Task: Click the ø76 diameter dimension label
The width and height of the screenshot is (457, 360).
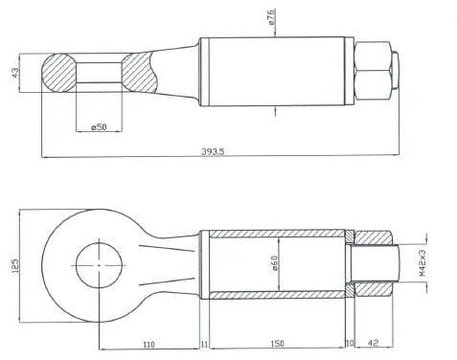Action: click(x=270, y=17)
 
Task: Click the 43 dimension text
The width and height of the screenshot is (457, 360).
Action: click(x=15, y=73)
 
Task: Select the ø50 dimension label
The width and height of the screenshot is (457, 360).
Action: click(x=99, y=127)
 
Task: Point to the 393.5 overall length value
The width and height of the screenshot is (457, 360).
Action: click(x=213, y=151)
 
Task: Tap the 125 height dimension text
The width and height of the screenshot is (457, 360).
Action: click(x=15, y=265)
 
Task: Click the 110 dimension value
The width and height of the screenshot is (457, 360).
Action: click(x=149, y=345)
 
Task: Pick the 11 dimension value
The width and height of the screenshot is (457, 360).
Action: click(x=204, y=345)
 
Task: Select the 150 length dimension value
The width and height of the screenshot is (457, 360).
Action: click(x=277, y=344)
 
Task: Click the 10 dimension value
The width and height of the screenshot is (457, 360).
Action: click(x=350, y=343)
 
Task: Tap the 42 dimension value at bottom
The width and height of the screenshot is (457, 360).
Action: click(x=373, y=343)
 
